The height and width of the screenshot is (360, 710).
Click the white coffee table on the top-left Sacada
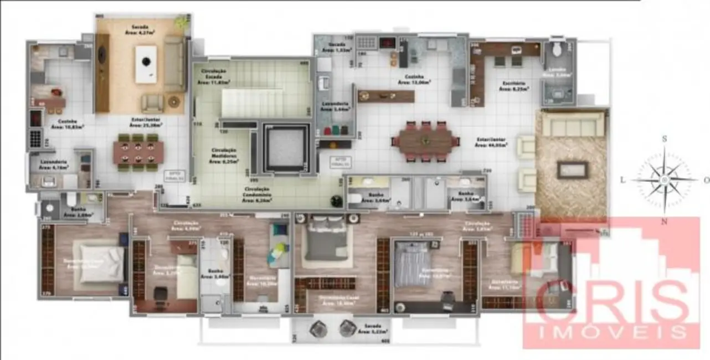point(146,64)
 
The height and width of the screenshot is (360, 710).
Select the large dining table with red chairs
point(425,142)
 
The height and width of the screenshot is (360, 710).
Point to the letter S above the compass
point(665,138)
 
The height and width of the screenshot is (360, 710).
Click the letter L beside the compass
point(623,180)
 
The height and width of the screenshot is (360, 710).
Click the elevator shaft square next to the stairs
point(285,148)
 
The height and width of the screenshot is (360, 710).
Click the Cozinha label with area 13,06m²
point(414,80)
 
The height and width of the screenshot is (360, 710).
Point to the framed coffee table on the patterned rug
point(572,169)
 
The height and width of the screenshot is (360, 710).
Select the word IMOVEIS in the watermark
point(611,331)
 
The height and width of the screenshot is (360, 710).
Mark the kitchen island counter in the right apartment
point(386,96)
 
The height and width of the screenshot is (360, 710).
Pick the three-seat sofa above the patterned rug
point(572,125)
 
